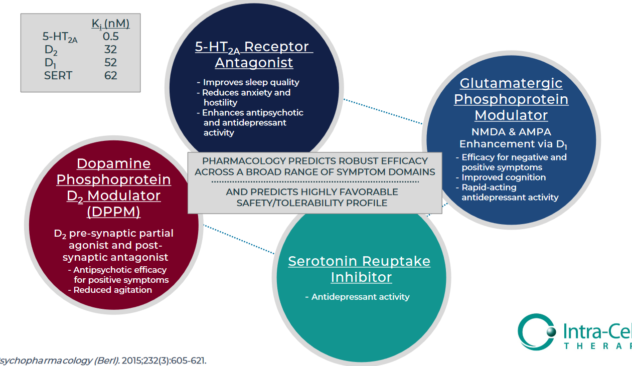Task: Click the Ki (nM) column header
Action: point(110,24)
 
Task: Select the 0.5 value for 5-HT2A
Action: point(110,37)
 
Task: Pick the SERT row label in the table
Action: point(58,76)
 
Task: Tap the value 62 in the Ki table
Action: point(110,76)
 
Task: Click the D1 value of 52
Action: point(110,63)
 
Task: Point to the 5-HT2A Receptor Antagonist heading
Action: point(254,55)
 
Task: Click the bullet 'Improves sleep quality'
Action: point(251,82)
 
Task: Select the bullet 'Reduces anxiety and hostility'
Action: point(246,97)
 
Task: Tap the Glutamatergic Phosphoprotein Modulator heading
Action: point(511,99)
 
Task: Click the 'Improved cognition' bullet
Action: point(504,177)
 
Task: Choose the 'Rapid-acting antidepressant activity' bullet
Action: point(509,193)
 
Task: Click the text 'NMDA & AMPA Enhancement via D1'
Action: point(511,138)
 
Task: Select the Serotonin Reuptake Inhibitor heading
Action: point(359,269)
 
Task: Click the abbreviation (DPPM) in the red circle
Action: point(113,212)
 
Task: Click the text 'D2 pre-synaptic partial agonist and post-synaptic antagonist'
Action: point(115,245)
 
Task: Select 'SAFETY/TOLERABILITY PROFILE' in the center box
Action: point(312,203)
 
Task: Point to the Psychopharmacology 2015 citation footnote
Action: point(103,360)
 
